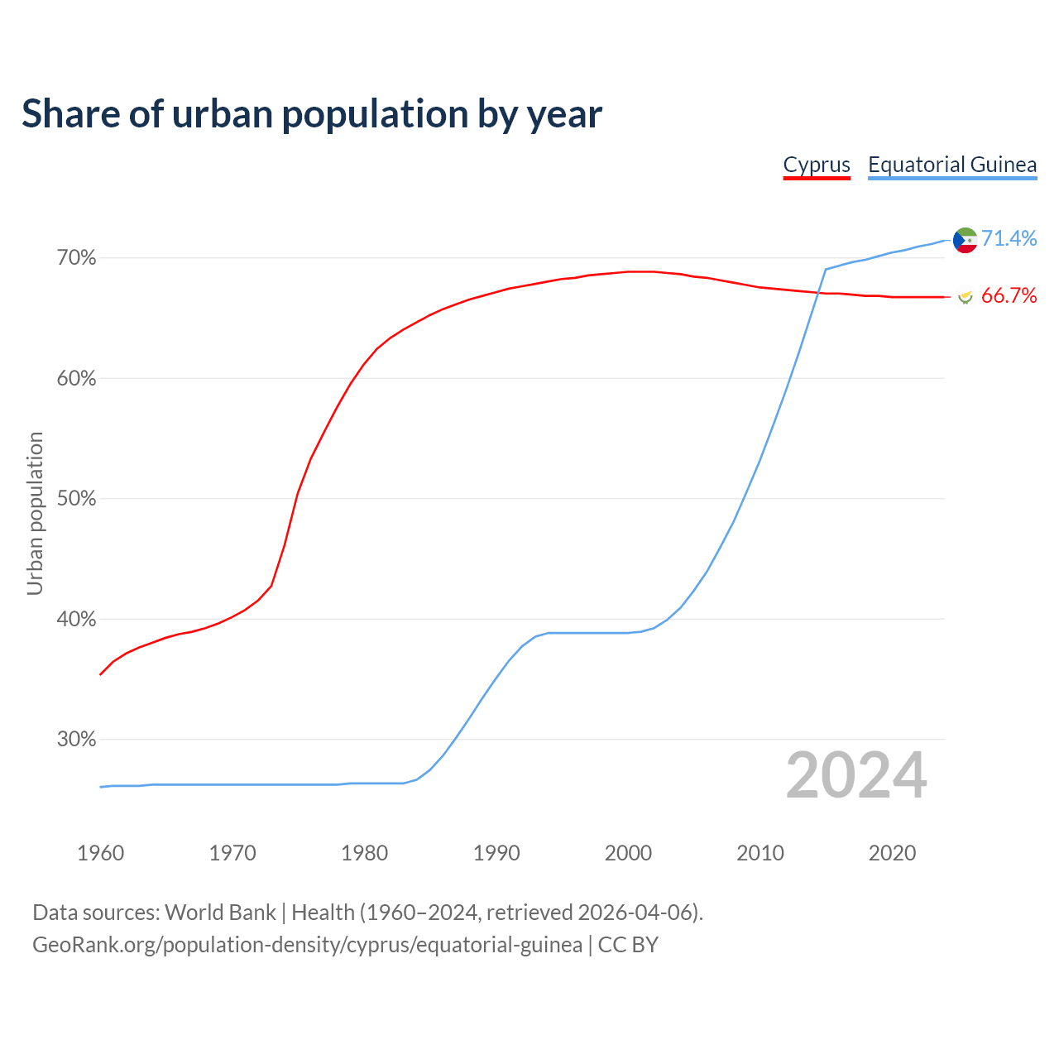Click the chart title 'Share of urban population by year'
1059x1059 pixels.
(312, 114)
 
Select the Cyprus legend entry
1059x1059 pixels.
(817, 165)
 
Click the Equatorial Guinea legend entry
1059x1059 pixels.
(952, 165)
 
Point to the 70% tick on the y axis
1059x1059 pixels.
(77, 258)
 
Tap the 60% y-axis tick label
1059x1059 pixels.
(77, 379)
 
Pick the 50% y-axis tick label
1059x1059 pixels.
(77, 499)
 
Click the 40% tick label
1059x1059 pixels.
(77, 619)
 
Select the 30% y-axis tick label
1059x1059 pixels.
(77, 740)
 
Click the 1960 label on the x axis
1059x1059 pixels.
(100, 853)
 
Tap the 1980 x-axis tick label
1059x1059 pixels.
(365, 853)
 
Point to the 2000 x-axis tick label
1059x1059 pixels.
(629, 853)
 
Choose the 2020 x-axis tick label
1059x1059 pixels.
(892, 853)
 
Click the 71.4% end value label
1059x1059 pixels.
(1009, 239)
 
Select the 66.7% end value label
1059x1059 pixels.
(1009, 296)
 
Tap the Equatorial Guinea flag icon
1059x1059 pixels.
(966, 240)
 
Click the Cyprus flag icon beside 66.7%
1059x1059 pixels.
(965, 296)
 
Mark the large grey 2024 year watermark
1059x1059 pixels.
(856, 775)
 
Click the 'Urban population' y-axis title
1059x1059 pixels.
(35, 513)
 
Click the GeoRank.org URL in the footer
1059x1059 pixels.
(307, 945)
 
